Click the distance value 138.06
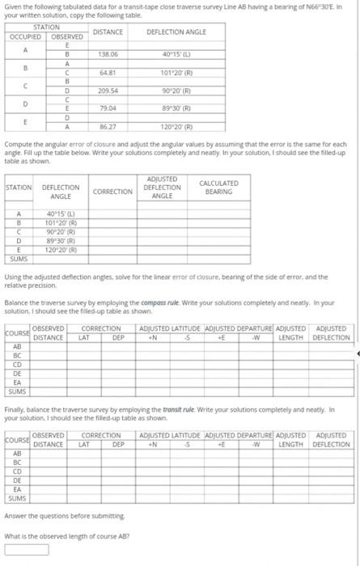pos(108,53)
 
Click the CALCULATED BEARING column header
pos(218,188)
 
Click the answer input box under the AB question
pos(26,550)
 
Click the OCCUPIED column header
pos(26,36)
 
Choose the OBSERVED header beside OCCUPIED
pos(66,36)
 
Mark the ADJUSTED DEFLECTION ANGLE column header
pos(162,188)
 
